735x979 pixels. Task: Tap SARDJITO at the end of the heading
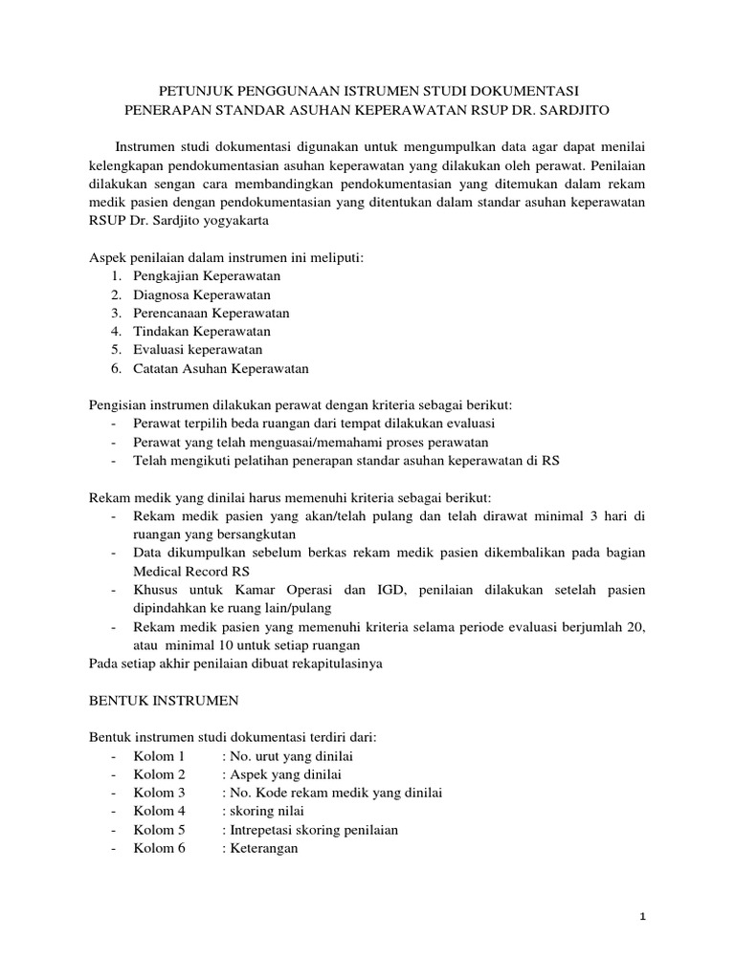click(574, 109)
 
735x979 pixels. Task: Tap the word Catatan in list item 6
click(157, 368)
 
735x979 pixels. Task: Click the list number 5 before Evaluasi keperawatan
click(114, 350)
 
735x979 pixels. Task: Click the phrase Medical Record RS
click(187, 572)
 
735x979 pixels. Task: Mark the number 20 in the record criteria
click(635, 627)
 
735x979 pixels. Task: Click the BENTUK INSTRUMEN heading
click(164, 701)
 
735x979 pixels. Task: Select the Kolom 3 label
click(160, 793)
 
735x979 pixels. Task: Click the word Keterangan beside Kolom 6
click(264, 848)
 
